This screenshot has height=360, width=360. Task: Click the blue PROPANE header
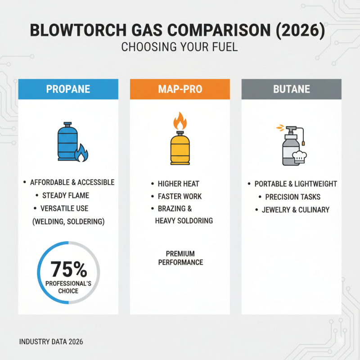coord(68,89)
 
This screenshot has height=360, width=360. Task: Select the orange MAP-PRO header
coord(180,89)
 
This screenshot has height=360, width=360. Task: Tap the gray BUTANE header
coord(291,89)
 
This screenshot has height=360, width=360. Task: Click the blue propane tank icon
coord(67,141)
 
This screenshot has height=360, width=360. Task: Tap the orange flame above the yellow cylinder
coord(180,121)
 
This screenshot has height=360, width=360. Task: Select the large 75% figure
coord(68,270)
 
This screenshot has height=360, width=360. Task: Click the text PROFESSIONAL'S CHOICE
coord(68,287)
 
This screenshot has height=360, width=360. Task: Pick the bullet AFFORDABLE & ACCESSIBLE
coord(72,182)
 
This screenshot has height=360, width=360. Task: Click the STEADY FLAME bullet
coord(66,195)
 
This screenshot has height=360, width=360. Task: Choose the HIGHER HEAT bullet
coord(178,184)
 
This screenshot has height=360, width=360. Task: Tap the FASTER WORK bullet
coord(180,196)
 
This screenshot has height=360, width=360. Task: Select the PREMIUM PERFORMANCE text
coord(180,258)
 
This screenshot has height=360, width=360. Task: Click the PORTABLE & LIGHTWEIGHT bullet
coord(296,184)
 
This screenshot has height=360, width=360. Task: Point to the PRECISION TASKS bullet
coord(292,197)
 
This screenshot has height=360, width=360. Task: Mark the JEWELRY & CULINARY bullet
coord(296,210)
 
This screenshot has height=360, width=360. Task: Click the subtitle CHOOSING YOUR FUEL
coord(180,47)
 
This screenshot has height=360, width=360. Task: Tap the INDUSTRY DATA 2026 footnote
coord(51,342)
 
